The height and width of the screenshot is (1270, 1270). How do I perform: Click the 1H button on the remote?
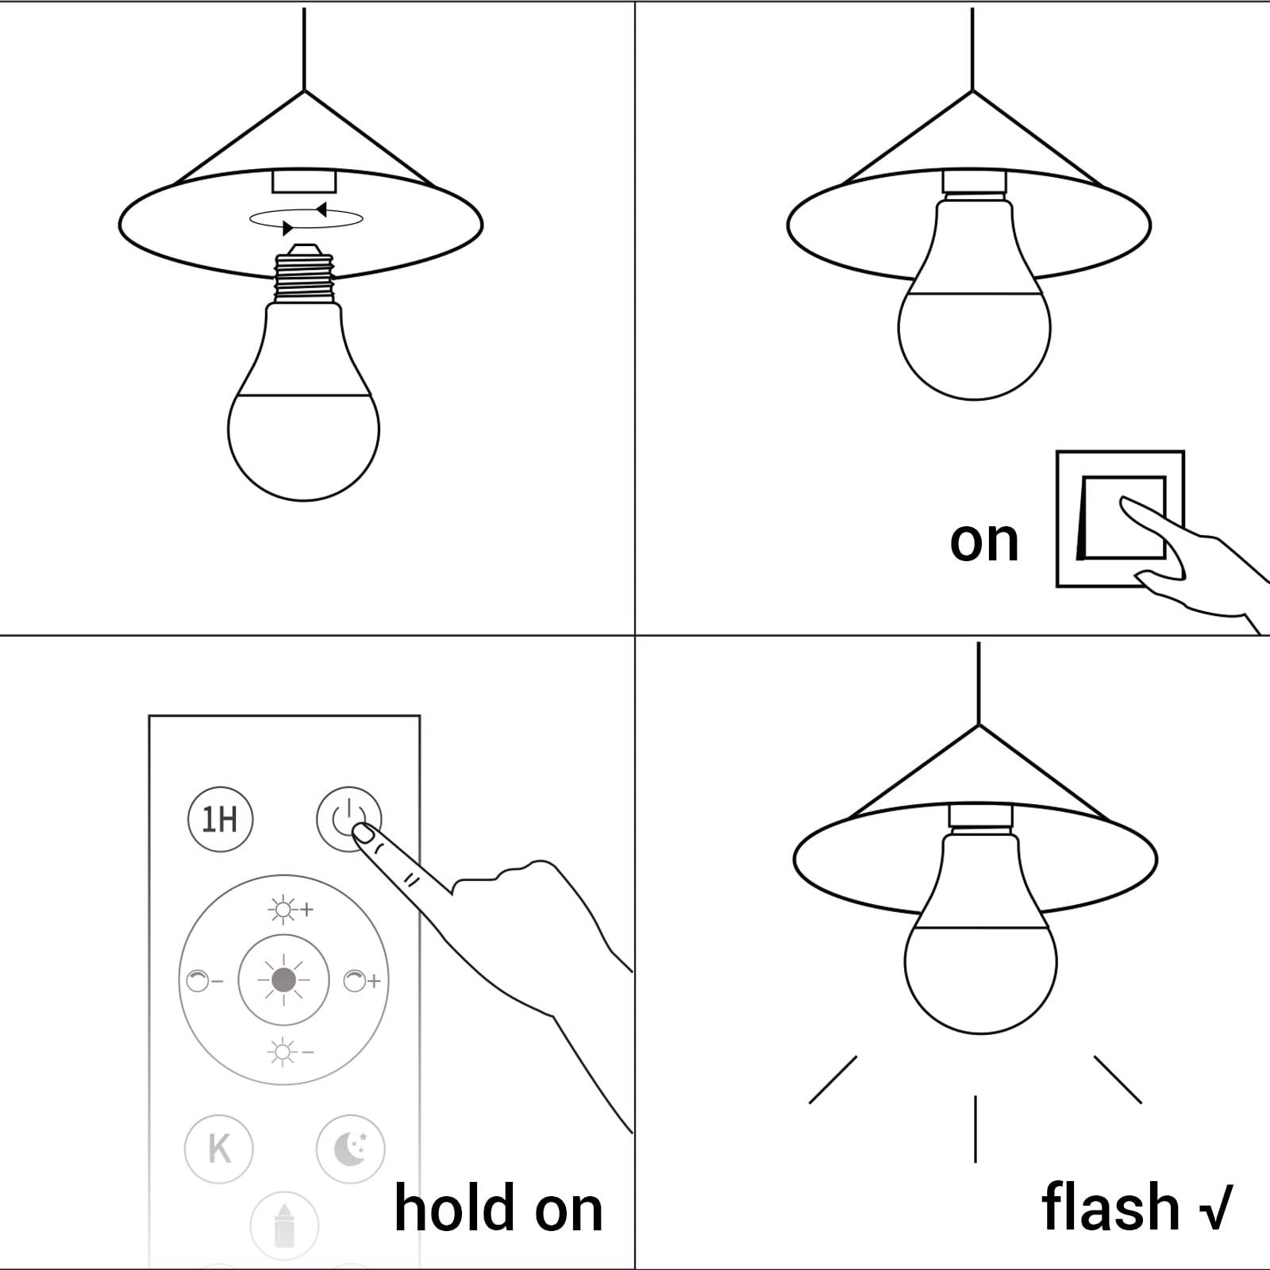click(220, 819)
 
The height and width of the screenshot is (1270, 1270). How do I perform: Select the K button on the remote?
click(219, 1149)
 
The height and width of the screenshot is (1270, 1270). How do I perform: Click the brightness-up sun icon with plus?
click(291, 910)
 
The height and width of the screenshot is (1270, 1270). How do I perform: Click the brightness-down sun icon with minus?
click(291, 1053)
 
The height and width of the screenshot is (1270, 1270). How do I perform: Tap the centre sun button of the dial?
click(283, 980)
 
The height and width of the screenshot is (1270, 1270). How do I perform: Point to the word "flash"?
click(1110, 1206)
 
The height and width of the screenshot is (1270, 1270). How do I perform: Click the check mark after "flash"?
click(1215, 1207)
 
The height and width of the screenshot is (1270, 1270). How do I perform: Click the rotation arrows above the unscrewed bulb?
click(306, 219)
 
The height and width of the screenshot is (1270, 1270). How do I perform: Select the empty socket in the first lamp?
click(304, 180)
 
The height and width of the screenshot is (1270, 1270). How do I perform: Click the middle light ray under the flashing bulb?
click(976, 1129)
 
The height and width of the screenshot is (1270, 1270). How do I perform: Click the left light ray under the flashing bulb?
click(833, 1079)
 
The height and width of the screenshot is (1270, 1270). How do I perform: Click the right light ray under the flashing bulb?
click(1118, 1079)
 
